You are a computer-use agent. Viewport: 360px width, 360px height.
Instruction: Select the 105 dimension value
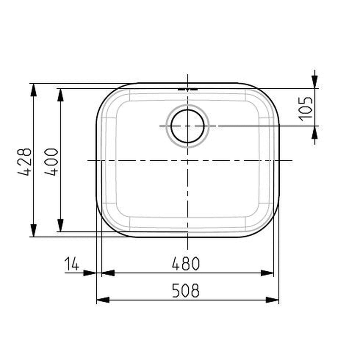(306, 109)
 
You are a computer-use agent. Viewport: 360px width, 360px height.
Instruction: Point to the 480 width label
(186, 264)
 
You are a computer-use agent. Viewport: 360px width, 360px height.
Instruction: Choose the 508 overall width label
(186, 291)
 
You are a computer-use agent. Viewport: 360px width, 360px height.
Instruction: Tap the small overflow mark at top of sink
(187, 89)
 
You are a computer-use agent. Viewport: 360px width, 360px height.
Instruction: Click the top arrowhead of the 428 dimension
(34, 89)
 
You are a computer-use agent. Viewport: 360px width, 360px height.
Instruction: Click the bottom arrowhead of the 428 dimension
(34, 231)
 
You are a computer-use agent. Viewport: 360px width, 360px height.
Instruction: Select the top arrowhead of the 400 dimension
(60, 95)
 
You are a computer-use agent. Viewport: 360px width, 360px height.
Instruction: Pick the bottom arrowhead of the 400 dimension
(60, 225)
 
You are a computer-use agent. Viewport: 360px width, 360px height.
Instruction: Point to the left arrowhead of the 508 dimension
(103, 300)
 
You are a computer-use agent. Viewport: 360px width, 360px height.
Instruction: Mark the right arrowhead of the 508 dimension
(273, 300)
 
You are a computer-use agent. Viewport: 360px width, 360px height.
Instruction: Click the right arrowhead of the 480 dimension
(267, 273)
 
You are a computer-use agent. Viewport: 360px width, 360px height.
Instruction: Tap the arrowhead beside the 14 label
(90, 273)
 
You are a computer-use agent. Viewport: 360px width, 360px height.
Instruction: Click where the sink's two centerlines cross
(187, 160)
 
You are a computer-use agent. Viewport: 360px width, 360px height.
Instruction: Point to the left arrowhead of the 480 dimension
(108, 273)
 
